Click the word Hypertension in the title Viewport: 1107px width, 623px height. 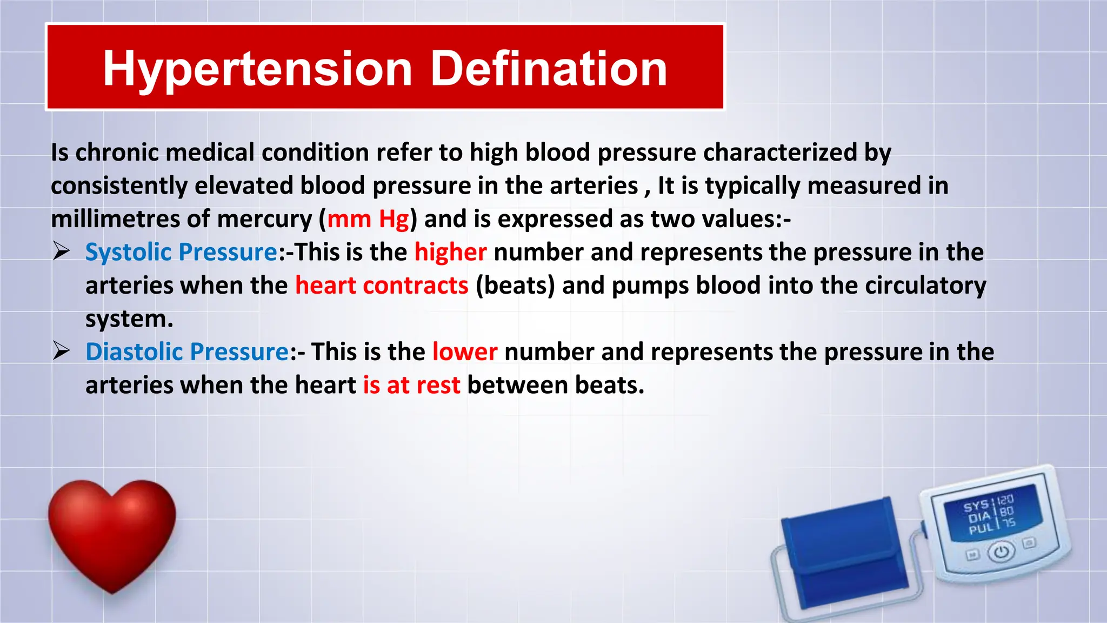258,69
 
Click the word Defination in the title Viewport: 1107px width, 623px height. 549,69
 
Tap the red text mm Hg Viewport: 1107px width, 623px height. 368,219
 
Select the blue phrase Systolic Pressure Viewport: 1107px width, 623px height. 181,253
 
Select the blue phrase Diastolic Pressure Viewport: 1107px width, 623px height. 187,352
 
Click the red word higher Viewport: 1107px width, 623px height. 450,253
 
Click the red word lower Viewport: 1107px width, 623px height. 464,352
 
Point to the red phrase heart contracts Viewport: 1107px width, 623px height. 382,286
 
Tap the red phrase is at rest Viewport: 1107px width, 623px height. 411,386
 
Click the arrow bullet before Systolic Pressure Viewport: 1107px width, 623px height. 62,252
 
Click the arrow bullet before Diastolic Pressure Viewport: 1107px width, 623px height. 62,352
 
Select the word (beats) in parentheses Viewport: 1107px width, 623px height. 515,286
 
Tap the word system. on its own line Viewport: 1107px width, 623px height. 129,319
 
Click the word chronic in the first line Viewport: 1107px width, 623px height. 116,153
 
